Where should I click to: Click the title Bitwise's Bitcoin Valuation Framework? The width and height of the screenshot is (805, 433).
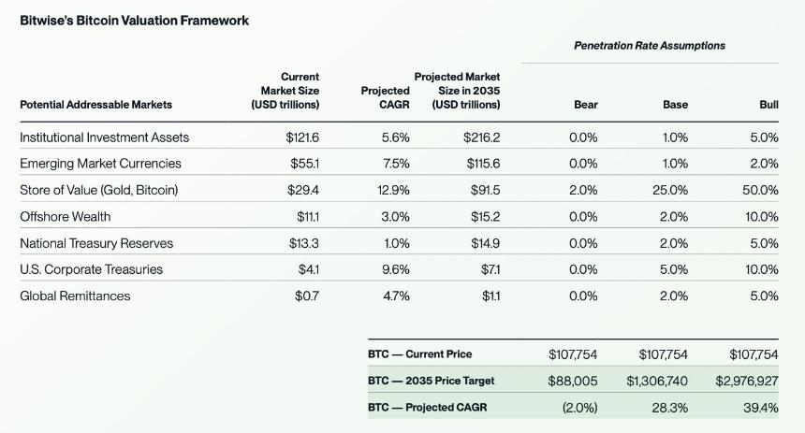point(135,20)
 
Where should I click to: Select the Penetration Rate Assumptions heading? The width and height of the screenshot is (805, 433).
point(649,45)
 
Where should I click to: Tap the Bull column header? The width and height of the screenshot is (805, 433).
point(768,105)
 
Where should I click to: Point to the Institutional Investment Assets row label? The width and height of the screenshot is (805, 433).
point(104,137)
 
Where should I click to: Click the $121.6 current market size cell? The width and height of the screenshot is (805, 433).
point(302,137)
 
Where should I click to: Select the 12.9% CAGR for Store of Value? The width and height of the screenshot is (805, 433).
point(396,190)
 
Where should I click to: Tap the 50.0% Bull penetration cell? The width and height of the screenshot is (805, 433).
point(760,190)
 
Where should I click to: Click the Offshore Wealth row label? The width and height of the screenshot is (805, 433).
point(66,217)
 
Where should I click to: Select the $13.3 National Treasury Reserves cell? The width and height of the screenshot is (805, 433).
point(303,243)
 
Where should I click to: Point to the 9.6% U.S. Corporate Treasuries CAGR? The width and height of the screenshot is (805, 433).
point(396,269)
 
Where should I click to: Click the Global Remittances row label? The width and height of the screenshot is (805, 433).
point(75,296)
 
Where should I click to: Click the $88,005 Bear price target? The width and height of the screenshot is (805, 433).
point(572,381)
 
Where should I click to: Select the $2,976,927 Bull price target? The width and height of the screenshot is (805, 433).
point(746,381)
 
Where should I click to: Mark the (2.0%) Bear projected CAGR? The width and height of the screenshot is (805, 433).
point(579,408)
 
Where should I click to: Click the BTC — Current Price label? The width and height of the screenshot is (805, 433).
point(420,354)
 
